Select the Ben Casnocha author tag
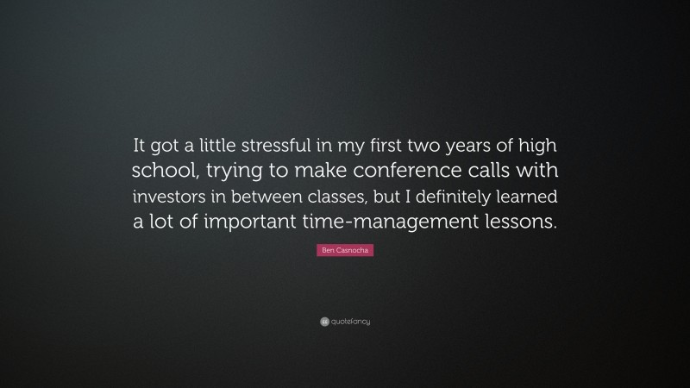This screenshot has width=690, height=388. pos(345,250)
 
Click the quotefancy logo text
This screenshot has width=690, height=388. pos(349,321)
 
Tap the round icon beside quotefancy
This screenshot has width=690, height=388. pos(324,321)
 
